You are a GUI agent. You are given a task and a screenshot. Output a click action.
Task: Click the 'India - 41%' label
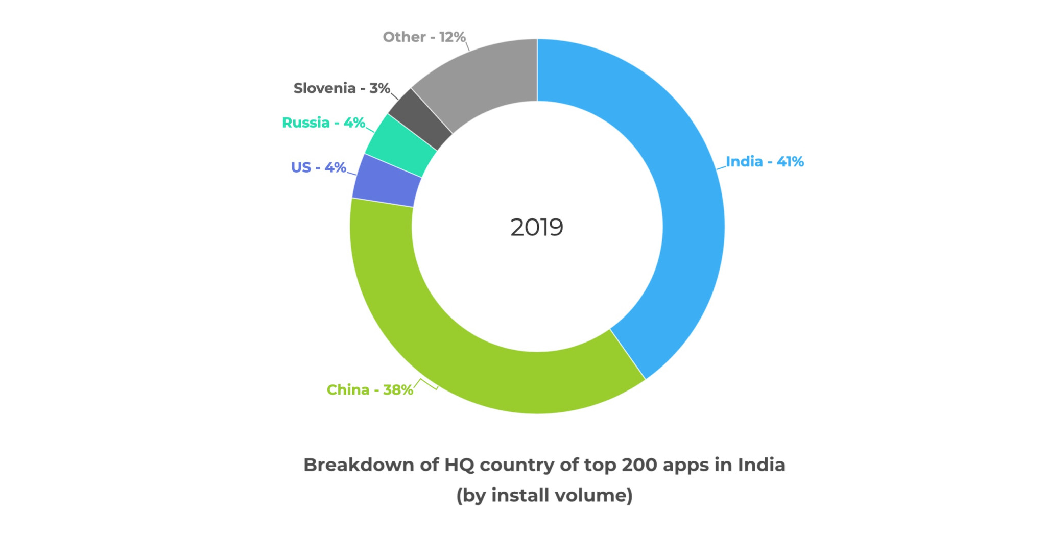(x=765, y=162)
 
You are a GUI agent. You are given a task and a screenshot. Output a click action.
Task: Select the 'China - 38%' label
(x=370, y=390)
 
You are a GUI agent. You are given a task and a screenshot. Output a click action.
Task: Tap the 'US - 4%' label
(x=318, y=167)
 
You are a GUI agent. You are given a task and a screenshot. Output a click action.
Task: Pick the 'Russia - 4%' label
(x=323, y=123)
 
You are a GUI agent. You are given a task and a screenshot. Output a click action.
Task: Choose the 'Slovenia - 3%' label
(x=342, y=88)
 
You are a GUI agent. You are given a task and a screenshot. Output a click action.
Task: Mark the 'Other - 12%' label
(x=424, y=37)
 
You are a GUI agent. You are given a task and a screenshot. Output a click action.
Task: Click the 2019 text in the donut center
(x=537, y=228)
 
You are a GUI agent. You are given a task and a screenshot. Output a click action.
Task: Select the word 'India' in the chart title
(x=761, y=465)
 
